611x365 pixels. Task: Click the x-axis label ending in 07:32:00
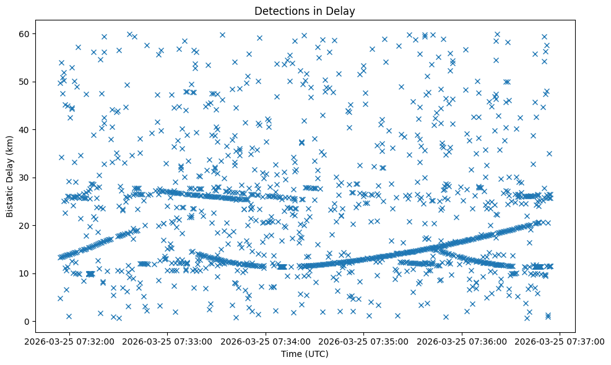pyautogui.click(x=70, y=341)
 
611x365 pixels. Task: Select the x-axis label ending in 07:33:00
pyautogui.click(x=168, y=341)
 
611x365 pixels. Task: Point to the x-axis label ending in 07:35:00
pyautogui.click(x=364, y=341)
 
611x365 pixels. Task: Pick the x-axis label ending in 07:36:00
pyautogui.click(x=462, y=341)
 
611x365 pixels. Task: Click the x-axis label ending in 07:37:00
pyautogui.click(x=560, y=341)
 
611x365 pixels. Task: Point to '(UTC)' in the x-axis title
pyautogui.click(x=318, y=354)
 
